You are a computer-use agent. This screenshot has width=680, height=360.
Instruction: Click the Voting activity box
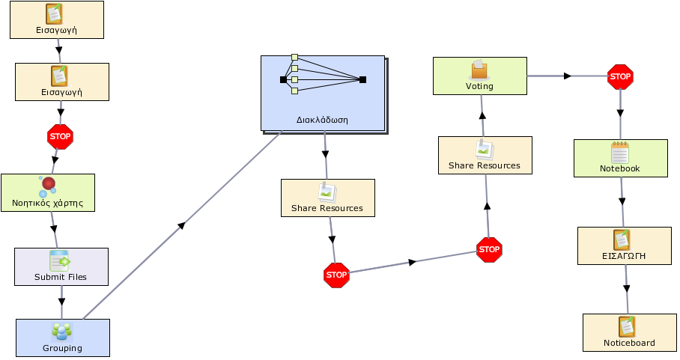(x=479, y=76)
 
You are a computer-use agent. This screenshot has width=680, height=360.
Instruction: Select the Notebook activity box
(x=621, y=158)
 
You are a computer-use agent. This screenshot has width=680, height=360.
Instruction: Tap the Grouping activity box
(x=63, y=338)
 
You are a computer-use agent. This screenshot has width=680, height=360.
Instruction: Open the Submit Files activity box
(x=61, y=267)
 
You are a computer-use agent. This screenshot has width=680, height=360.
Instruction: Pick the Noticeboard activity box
(x=630, y=333)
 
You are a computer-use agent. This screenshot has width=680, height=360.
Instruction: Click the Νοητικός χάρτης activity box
(x=48, y=193)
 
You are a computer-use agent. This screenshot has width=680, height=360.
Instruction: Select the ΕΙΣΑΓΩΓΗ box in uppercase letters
(x=625, y=245)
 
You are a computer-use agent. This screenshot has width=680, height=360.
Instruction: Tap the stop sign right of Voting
(x=620, y=77)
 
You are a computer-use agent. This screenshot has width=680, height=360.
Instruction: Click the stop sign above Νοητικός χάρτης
(x=60, y=137)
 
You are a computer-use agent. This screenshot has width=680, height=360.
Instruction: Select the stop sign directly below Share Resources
(x=336, y=275)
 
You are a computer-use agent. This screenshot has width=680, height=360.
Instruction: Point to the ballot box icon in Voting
(x=479, y=70)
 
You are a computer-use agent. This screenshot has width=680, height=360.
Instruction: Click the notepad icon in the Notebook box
(x=620, y=152)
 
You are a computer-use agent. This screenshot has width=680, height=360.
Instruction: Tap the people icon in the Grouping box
(x=62, y=332)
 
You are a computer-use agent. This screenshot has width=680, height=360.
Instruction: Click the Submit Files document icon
(x=60, y=260)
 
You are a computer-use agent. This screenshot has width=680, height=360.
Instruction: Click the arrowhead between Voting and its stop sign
(x=567, y=76)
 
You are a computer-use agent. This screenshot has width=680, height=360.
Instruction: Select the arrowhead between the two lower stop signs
(x=413, y=262)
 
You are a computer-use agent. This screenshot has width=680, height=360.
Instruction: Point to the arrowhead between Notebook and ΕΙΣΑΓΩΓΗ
(x=622, y=201)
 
